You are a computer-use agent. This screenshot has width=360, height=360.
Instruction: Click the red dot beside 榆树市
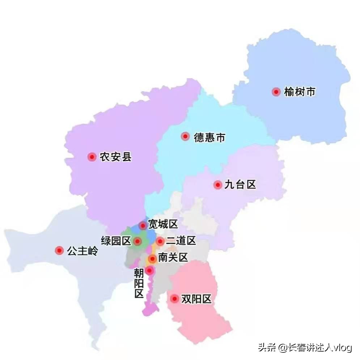pos(276,92)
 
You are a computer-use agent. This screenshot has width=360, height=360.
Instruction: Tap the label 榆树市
pos(300,92)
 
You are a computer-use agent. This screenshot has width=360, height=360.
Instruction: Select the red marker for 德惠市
pos(185,136)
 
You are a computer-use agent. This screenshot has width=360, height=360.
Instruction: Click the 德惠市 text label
pos(209,137)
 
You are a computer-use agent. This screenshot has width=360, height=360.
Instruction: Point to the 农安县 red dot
pos(92,157)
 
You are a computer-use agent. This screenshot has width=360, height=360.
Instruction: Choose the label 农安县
pos(116,157)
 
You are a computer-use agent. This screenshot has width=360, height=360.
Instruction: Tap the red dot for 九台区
pos(217,185)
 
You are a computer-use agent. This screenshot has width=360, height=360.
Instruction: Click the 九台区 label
pos(240,185)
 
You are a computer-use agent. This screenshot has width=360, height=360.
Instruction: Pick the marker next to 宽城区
pos(143,226)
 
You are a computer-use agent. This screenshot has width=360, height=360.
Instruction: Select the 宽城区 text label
pos(163,224)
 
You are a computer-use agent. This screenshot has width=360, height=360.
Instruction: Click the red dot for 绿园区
pos(137,241)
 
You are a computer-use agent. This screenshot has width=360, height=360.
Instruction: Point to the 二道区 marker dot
pos(160,241)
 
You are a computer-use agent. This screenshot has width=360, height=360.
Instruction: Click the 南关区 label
pos(173,258)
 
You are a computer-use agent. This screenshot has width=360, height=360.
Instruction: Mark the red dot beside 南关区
pos(152,259)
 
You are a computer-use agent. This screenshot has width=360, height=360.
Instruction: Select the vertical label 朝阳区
pos(139,283)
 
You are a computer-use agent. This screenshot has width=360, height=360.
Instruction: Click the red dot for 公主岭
pos(59,250)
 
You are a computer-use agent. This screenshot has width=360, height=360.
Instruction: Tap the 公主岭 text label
pos(82,251)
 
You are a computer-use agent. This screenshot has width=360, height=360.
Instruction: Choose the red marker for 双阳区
pos(175,299)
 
